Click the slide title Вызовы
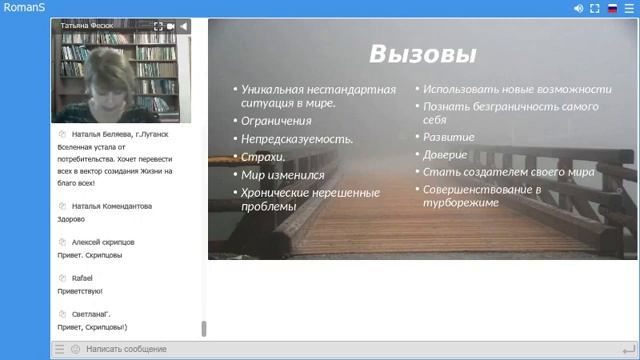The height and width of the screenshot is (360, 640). [422, 53]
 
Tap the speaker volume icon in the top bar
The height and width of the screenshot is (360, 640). [578, 8]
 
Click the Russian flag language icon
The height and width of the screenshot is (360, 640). [612, 8]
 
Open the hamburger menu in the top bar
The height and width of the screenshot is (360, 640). [628, 8]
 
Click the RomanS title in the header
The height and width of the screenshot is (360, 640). [22, 8]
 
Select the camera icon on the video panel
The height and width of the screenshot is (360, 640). [171, 26]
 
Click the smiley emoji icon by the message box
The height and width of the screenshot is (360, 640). [75, 349]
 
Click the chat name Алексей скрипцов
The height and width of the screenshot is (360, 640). [103, 242]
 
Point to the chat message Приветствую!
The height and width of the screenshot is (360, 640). [80, 291]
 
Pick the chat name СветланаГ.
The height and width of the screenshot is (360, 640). [91, 314]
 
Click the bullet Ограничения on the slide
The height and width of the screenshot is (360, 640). [276, 121]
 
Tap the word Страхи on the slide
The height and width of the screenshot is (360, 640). [263, 157]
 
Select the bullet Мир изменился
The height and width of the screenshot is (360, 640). [282, 175]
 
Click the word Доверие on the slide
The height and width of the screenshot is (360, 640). [445, 155]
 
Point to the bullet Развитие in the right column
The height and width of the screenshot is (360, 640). [449, 137]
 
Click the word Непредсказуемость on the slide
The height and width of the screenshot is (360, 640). [297, 139]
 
